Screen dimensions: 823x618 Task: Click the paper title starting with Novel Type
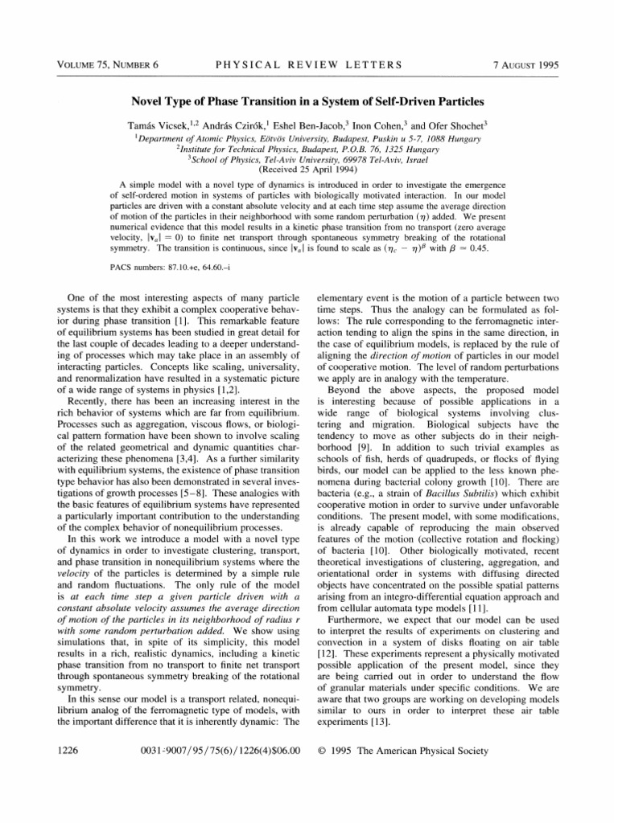308,104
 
